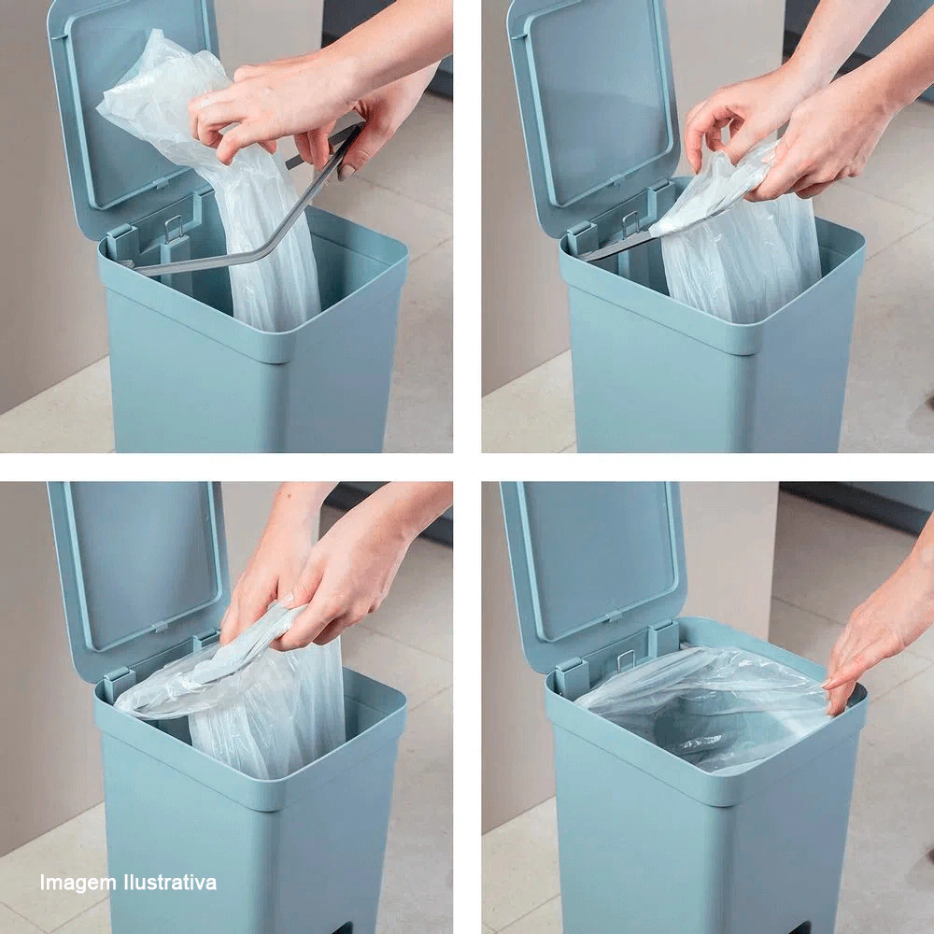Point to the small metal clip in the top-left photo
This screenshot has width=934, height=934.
click(x=174, y=227)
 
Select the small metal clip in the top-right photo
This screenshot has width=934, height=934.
click(x=630, y=223)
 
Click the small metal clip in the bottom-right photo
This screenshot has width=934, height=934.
click(x=626, y=660)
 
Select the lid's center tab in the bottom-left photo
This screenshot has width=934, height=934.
click(x=159, y=626)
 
